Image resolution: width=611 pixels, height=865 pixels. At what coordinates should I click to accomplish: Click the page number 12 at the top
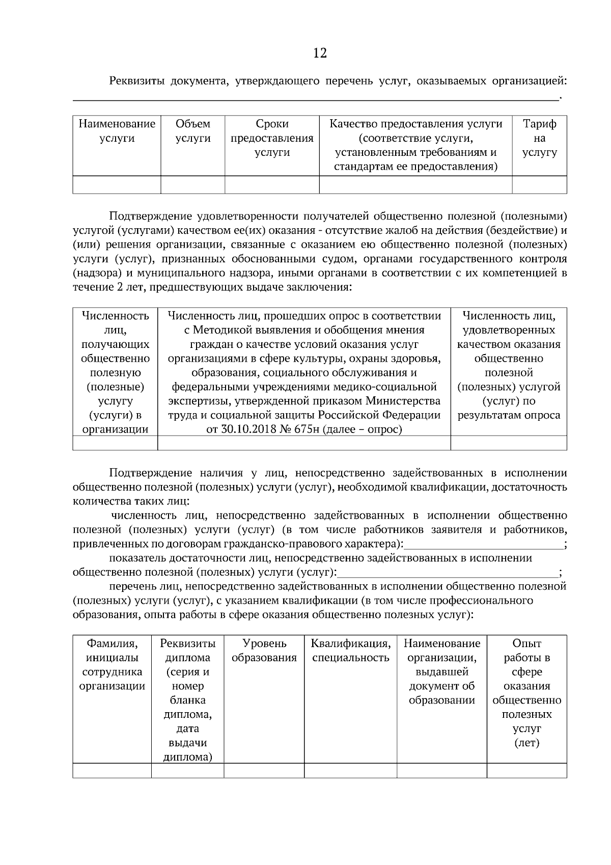[x=320, y=53]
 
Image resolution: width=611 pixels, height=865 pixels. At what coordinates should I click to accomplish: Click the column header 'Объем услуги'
[x=193, y=131]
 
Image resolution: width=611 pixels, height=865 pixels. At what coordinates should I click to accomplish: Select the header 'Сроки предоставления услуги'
[x=272, y=138]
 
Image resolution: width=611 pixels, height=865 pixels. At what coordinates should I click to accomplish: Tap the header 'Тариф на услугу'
[x=539, y=138]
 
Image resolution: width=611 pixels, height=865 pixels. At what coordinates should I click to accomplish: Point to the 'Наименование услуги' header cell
[x=117, y=131]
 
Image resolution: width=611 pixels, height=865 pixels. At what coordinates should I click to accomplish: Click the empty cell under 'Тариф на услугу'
[x=539, y=185]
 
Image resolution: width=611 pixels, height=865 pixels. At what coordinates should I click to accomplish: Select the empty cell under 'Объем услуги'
[x=193, y=185]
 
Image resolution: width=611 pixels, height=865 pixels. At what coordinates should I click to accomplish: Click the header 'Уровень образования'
[x=264, y=651]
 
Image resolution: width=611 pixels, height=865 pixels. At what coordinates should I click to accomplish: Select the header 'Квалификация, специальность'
[x=350, y=651]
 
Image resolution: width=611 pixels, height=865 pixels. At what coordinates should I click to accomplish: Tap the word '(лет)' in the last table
[x=526, y=743]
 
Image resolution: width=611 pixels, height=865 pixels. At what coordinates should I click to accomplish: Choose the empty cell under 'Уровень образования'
[x=264, y=770]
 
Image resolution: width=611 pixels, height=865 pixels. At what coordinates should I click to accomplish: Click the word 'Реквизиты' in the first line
[x=136, y=81]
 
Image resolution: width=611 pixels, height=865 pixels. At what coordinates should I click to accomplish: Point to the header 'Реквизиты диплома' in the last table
[x=187, y=651]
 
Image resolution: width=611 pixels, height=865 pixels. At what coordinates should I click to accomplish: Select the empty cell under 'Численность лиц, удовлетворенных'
[x=508, y=443]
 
